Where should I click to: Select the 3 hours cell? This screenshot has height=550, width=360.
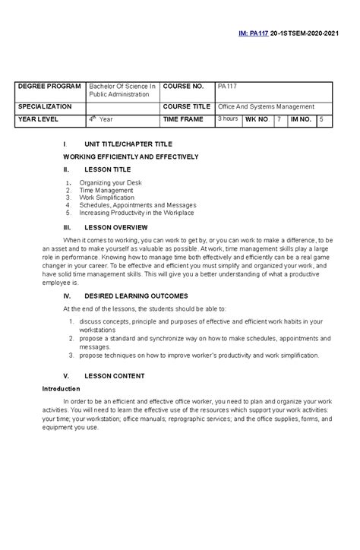[229, 119]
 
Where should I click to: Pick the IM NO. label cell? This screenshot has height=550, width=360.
[300, 120]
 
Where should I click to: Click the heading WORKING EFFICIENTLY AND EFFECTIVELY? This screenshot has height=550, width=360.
[131, 156]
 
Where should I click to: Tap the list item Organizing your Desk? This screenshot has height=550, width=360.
[110, 182]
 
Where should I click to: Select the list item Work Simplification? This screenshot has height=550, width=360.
[106, 198]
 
